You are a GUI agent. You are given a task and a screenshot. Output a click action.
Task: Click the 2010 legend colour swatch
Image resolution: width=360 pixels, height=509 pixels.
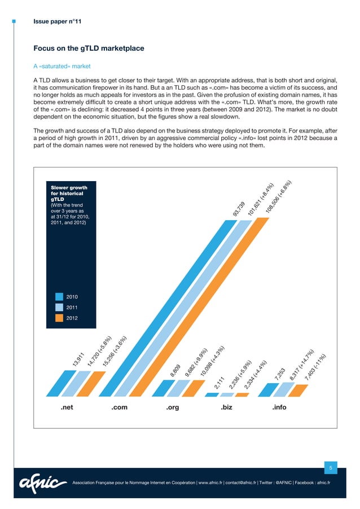59,296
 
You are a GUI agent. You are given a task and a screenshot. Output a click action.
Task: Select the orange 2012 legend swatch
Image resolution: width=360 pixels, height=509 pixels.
59,318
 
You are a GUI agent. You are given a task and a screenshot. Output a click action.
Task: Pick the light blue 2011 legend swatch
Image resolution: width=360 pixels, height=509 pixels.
59,308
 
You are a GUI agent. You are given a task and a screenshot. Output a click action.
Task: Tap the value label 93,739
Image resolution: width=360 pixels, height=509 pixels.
239,209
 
